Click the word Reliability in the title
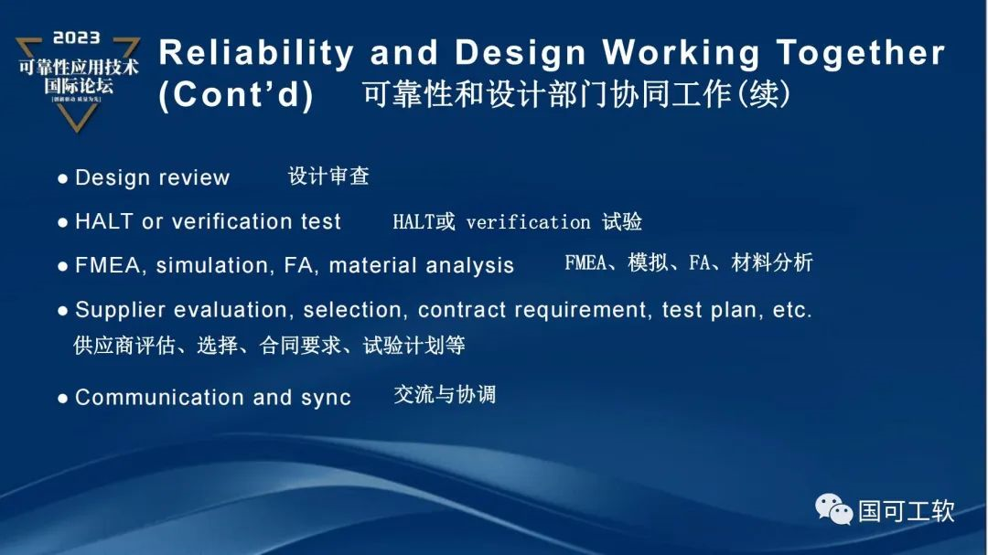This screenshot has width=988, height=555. click(x=255, y=54)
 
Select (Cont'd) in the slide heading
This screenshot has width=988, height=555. click(x=236, y=96)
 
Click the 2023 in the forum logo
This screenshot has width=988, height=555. click(x=77, y=38)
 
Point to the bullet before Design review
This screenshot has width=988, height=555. click(x=63, y=178)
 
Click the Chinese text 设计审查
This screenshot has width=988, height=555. click(x=328, y=176)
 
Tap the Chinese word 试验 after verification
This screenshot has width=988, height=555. click(x=622, y=222)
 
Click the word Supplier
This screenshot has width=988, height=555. click(x=115, y=310)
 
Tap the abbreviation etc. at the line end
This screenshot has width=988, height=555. click(x=792, y=310)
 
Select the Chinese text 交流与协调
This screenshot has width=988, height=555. click(x=445, y=395)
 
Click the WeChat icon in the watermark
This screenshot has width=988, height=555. click(x=833, y=508)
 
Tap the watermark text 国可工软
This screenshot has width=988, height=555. click(x=906, y=510)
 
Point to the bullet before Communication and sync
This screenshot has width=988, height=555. click(x=63, y=399)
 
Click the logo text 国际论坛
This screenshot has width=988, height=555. click(x=77, y=86)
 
